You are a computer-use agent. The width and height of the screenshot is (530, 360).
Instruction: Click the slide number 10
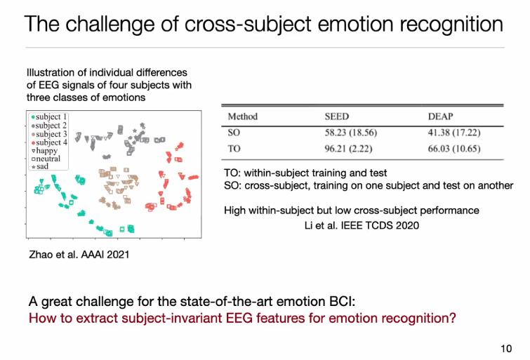[506, 349]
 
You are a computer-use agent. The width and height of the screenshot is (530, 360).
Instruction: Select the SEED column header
[337, 116]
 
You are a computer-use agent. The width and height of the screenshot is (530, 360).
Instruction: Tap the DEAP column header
[440, 116]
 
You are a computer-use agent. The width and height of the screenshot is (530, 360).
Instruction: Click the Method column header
[243, 116]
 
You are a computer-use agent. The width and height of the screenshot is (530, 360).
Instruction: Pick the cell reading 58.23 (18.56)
[351, 133]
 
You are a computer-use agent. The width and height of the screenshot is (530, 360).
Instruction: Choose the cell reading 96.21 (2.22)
[348, 149]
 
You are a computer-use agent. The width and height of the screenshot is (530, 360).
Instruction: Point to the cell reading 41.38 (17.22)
[454, 133]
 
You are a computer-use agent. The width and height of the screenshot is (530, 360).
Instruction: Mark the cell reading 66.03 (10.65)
[454, 149]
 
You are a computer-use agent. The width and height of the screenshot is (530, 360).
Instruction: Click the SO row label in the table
[234, 133]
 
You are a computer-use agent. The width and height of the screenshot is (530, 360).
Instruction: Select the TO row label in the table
[234, 149]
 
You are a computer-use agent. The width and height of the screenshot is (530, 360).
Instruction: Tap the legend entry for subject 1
[49, 116]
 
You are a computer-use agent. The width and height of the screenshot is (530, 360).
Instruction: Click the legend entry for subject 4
[49, 142]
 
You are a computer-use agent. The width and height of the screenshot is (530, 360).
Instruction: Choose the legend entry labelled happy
[45, 150]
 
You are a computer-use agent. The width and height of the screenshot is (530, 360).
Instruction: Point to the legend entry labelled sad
[40, 166]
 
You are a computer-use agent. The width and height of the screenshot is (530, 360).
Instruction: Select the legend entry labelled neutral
[46, 159]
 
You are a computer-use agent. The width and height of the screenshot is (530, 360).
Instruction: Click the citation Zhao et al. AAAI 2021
[79, 254]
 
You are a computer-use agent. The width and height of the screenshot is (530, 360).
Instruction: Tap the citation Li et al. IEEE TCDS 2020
[362, 225]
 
